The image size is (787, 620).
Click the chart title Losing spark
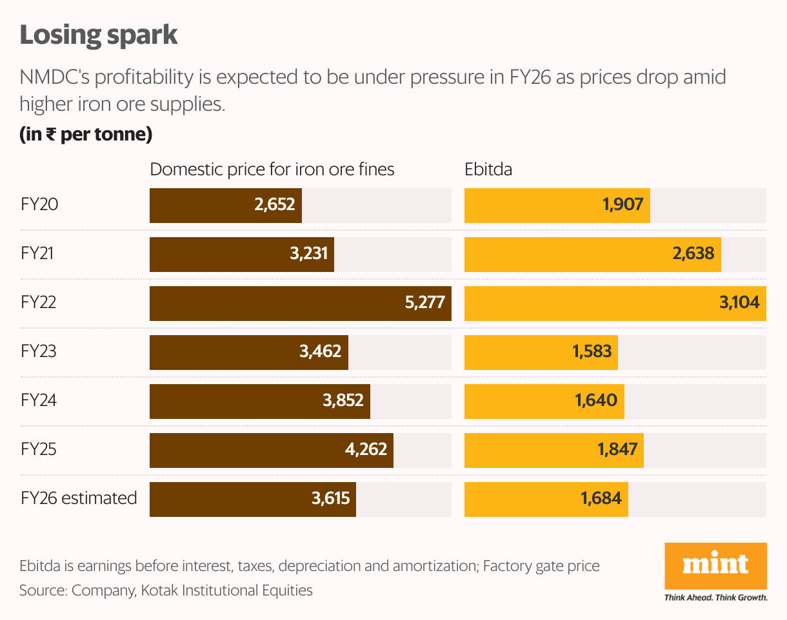tap(99, 35)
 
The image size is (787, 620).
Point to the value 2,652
tap(274, 205)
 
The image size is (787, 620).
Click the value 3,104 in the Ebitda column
tap(738, 303)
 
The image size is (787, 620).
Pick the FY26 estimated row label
tap(79, 498)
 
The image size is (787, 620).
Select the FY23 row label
tap(38, 352)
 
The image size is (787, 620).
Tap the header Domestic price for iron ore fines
tap(272, 170)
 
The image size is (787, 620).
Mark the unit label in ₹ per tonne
tap(86, 135)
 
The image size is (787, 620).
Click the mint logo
tap(715, 565)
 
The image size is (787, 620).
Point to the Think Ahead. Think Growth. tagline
tap(715, 597)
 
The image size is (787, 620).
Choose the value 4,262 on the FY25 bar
tap(366, 449)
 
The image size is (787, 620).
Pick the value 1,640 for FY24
tap(595, 401)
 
